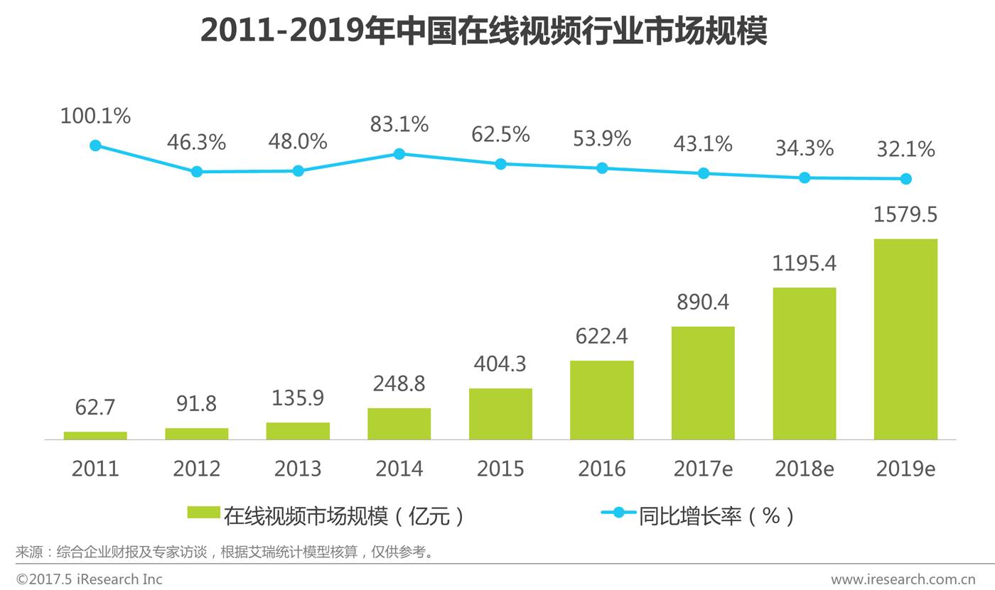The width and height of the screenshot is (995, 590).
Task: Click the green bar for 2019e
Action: click(905, 339)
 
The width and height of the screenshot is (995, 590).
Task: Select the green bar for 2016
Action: click(602, 400)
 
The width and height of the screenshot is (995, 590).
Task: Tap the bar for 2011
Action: click(95, 435)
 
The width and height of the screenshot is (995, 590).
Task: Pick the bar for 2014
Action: click(399, 424)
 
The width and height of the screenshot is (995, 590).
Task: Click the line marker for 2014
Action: click(399, 154)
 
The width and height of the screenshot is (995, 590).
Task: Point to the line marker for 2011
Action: click(96, 146)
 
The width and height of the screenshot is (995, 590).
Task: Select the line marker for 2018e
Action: click(805, 177)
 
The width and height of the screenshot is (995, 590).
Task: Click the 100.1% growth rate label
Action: click(96, 116)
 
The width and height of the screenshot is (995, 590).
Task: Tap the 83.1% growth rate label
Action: click(399, 124)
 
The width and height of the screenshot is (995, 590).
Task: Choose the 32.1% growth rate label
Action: click(905, 149)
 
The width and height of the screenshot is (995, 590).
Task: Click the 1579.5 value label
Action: click(905, 214)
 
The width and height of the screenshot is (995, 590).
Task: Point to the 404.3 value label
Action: click(500, 364)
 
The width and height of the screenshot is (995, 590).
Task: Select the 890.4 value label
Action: click(703, 302)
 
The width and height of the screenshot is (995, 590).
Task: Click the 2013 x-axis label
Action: click(298, 469)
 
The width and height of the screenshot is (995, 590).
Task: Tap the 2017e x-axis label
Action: click(703, 469)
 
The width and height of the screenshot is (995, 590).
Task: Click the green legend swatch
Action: click(203, 513)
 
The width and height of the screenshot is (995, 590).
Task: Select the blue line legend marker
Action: click(618, 513)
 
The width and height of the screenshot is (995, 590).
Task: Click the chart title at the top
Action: click(483, 31)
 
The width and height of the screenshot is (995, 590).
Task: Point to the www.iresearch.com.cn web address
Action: click(903, 579)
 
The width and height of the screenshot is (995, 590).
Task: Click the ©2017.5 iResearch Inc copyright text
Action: click(90, 579)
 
